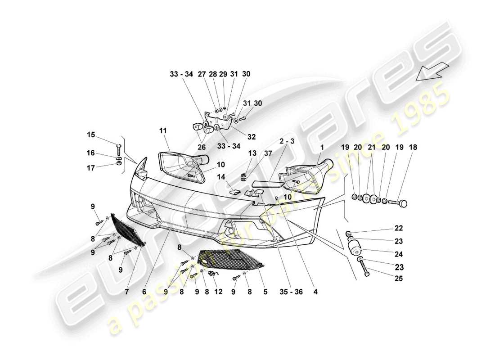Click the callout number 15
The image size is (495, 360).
coord(91,135)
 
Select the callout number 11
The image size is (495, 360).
coord(162,131)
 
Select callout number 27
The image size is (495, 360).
coord(202,74)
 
